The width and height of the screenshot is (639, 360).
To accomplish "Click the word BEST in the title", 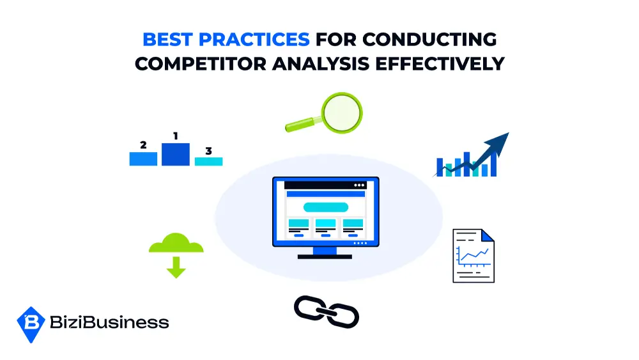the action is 167,40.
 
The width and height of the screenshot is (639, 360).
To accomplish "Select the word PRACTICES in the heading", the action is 254,40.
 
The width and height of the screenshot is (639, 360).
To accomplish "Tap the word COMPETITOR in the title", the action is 201,63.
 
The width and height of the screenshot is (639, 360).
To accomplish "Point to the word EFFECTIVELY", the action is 440,63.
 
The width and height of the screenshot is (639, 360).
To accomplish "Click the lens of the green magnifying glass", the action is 341,113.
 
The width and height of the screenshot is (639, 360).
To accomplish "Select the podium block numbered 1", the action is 176,154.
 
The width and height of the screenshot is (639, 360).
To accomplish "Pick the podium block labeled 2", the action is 143,159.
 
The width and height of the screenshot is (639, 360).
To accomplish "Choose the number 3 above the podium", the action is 209,151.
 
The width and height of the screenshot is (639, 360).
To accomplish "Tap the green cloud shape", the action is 176,244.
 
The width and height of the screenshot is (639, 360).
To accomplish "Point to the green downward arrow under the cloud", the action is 176,267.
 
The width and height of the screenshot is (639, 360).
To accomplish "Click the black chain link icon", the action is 327,312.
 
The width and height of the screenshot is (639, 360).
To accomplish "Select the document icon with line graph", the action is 473,256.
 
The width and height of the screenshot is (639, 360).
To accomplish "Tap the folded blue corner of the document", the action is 488,235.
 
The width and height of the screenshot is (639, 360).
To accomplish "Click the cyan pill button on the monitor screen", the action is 326,207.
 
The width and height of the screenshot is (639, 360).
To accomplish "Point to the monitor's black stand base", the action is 325,256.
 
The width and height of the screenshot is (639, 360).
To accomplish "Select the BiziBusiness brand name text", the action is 109,322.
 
